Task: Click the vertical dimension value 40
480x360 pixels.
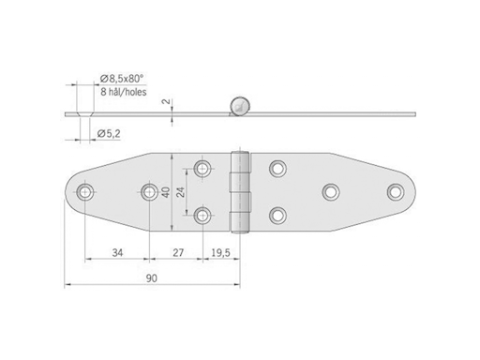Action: [x=166, y=193]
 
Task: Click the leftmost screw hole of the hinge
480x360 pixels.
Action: [x=85, y=193]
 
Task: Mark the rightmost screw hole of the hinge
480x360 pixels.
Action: [x=395, y=192]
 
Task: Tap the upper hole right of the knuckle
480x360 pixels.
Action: [x=277, y=169]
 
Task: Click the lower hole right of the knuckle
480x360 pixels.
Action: [x=277, y=216]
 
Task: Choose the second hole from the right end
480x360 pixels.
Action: [x=330, y=192]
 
